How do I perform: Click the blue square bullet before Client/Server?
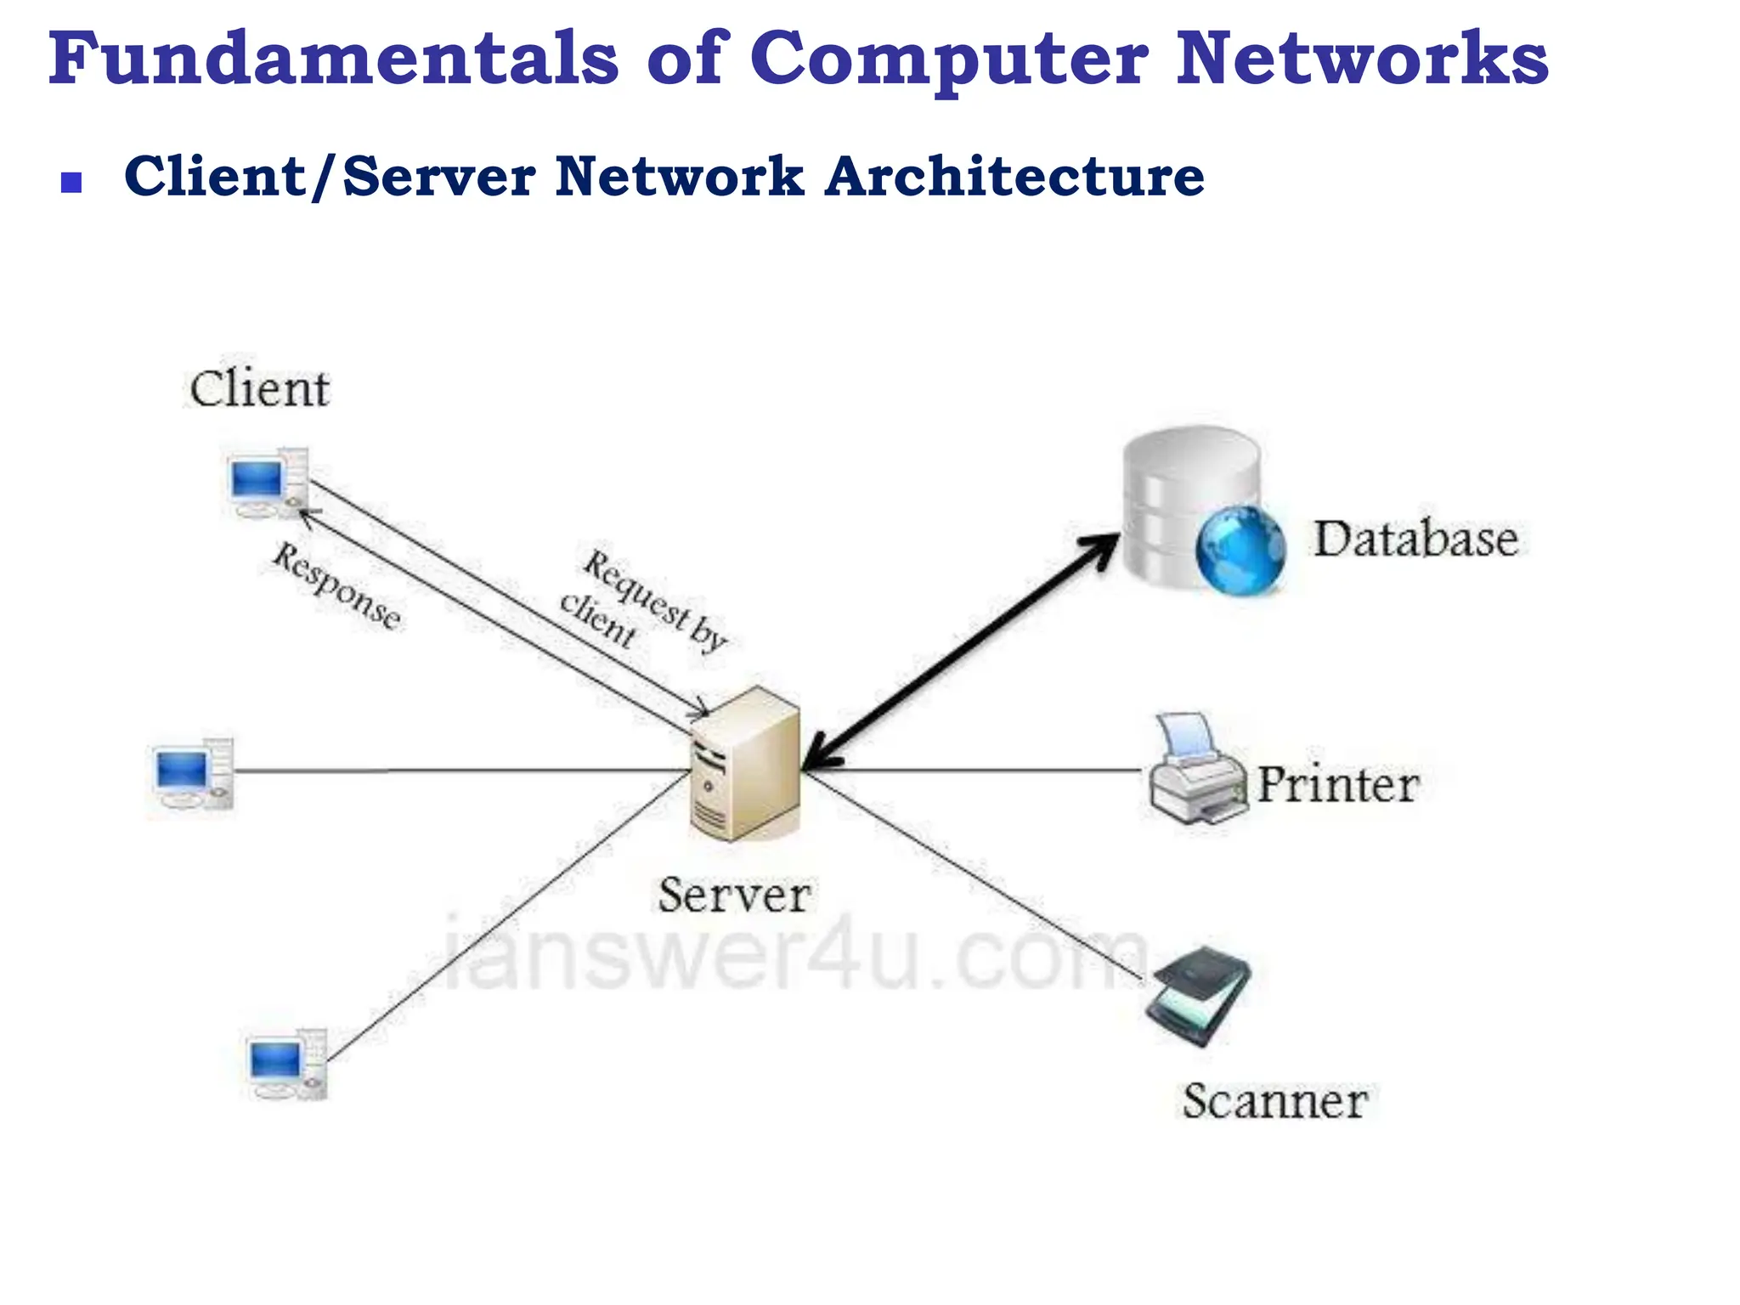(x=71, y=183)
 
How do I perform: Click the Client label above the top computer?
(x=259, y=390)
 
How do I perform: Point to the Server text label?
(x=734, y=895)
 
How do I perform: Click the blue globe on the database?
(x=1240, y=550)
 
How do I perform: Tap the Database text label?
(x=1416, y=540)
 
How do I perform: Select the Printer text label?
(x=1337, y=784)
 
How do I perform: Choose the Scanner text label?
(x=1274, y=1102)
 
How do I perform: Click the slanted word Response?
(x=336, y=587)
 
